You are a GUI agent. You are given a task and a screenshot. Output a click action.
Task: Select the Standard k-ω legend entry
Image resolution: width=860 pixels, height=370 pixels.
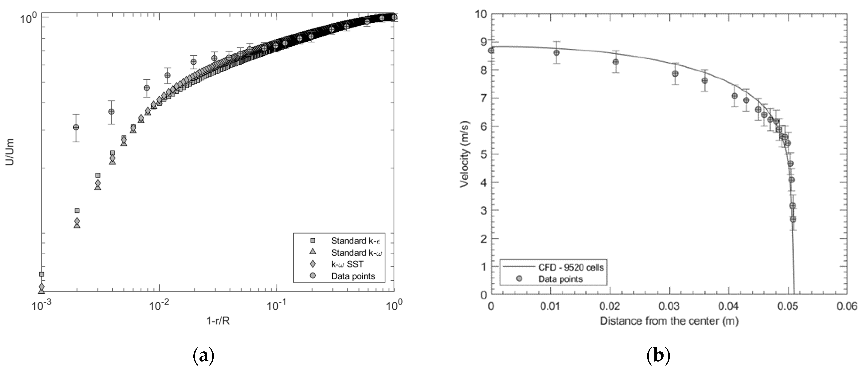click(x=356, y=252)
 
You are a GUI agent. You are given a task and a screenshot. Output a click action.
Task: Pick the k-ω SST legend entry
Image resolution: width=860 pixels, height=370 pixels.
click(x=347, y=264)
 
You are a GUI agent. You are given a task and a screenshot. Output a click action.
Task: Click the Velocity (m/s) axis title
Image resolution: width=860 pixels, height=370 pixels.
click(x=465, y=154)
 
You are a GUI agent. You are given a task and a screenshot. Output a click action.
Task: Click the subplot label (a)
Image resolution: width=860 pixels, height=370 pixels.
click(x=203, y=356)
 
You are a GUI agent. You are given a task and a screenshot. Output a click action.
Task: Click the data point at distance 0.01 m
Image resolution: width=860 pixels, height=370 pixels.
click(x=556, y=53)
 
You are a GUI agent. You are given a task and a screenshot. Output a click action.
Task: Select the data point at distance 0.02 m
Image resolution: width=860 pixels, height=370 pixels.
click(x=616, y=62)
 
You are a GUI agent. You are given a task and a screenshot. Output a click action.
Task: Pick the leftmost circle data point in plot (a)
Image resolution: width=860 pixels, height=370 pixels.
click(x=76, y=127)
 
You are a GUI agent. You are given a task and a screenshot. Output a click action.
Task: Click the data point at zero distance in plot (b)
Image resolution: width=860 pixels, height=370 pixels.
click(x=491, y=51)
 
